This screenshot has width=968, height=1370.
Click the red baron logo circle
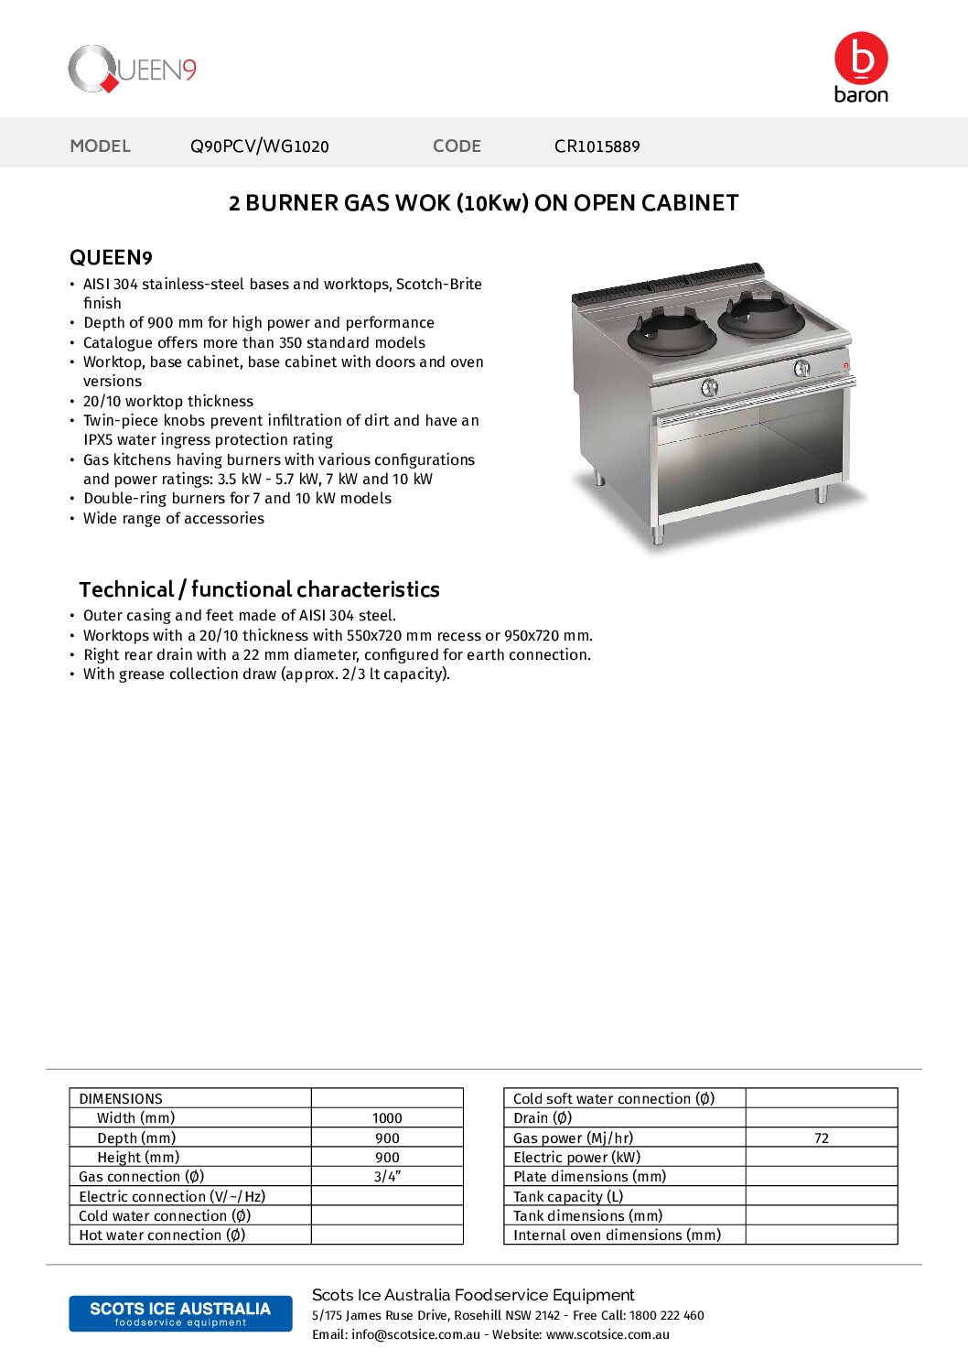[860, 58]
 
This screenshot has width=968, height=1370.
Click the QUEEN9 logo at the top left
[133, 70]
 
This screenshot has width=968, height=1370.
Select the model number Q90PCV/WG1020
[259, 146]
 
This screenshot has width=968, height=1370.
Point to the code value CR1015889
[597, 146]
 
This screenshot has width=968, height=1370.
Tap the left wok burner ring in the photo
[672, 333]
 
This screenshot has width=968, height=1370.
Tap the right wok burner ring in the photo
[761, 315]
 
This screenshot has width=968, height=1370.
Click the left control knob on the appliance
[709, 387]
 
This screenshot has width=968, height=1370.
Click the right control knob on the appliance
[801, 368]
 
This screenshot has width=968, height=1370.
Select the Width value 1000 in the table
[387, 1118]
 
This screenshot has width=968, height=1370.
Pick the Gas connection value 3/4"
[387, 1177]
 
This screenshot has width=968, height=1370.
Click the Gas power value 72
[821, 1138]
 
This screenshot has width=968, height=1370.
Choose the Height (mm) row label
[138, 1158]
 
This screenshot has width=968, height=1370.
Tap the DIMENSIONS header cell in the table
[121, 1099]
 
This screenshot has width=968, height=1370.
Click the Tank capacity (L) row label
[568, 1197]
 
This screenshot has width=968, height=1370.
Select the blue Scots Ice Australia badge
[180, 1313]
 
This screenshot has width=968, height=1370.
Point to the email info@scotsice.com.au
[415, 1335]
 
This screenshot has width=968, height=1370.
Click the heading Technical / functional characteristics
[259, 589]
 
